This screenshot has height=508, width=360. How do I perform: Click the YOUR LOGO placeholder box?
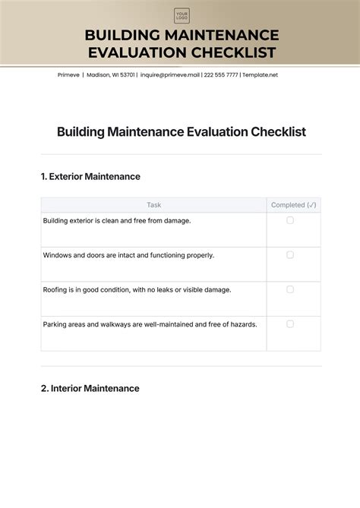click(x=182, y=16)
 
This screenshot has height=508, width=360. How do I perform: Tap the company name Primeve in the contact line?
click(x=68, y=75)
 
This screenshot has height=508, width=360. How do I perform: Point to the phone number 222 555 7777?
click(x=221, y=75)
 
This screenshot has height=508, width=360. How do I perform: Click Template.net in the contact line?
click(x=261, y=75)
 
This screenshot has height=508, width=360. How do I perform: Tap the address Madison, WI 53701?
click(x=111, y=75)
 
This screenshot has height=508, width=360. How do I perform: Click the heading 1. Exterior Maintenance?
click(x=90, y=176)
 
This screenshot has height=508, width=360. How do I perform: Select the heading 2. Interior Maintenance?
click(x=90, y=388)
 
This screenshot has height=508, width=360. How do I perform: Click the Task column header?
click(x=153, y=205)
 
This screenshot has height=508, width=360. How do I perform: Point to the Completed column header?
click(x=293, y=205)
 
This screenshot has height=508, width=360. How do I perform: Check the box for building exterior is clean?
click(x=290, y=220)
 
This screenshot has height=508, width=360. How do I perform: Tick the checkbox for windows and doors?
click(x=290, y=255)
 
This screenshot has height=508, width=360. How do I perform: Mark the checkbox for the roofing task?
click(x=290, y=289)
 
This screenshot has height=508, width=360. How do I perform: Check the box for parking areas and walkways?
click(x=290, y=323)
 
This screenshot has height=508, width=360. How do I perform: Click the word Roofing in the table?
click(x=57, y=289)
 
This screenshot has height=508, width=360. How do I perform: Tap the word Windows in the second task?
click(x=58, y=255)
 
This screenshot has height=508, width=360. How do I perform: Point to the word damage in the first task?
click(x=174, y=221)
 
